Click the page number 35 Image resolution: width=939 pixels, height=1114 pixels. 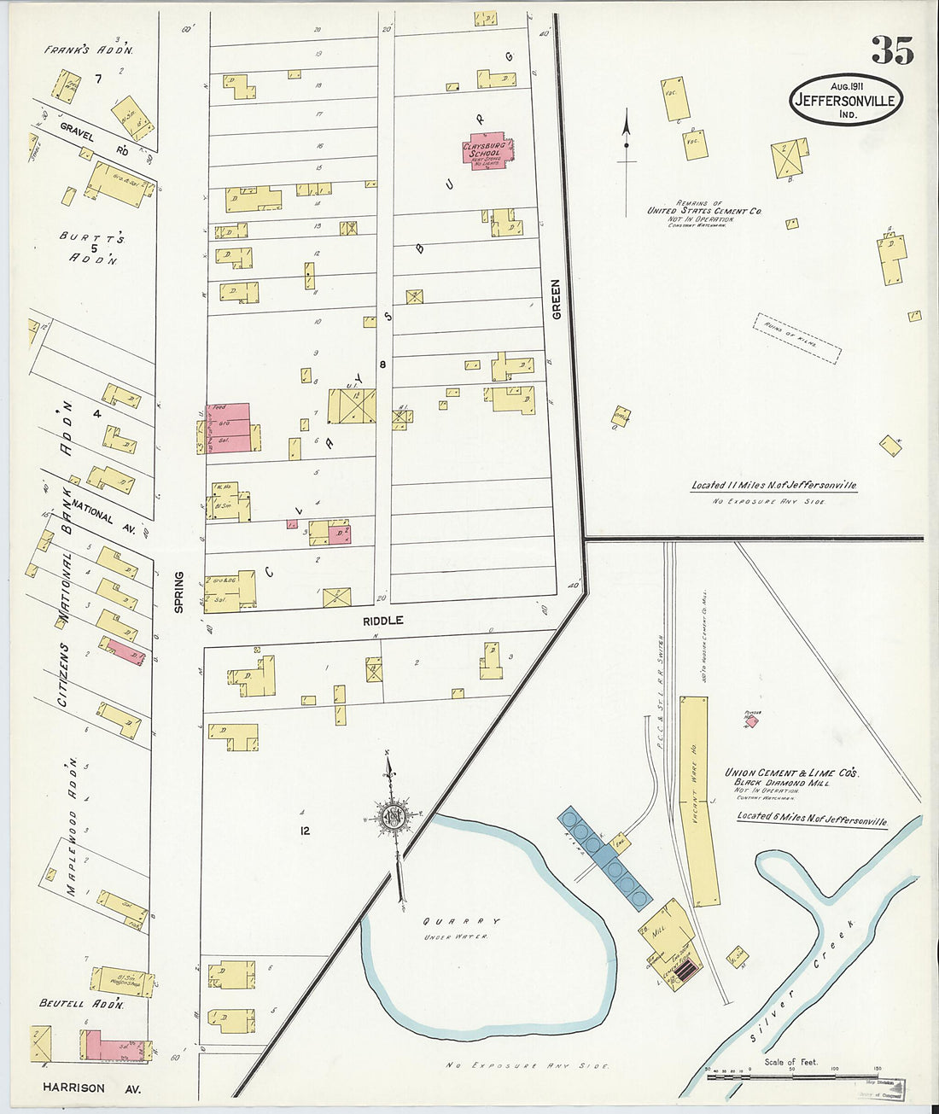[892, 51]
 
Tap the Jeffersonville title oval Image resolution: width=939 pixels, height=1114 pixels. [845, 100]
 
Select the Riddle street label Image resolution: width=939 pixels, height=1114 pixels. [382, 621]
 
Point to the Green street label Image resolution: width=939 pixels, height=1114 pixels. [557, 300]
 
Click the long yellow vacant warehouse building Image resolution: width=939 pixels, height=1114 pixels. [699, 800]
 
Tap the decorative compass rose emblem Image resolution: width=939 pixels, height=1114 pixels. [393, 817]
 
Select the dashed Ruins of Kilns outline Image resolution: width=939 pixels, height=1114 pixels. [797, 338]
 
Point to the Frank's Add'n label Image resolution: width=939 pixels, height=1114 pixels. [89, 50]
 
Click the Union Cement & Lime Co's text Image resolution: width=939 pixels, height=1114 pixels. [791, 773]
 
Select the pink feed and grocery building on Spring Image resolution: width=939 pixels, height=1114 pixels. [229, 427]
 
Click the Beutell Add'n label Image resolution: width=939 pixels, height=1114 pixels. [82, 1004]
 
